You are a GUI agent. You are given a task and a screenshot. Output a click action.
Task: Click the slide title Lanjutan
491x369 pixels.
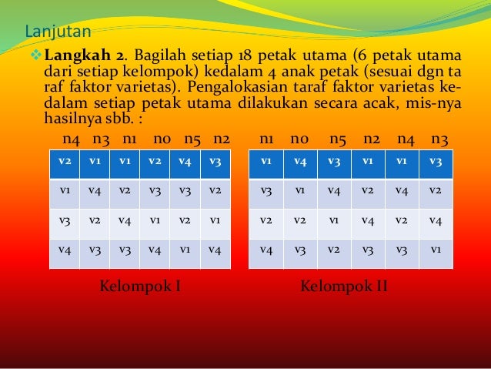[58, 32]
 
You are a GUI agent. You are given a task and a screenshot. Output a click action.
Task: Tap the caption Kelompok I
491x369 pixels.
[141, 287]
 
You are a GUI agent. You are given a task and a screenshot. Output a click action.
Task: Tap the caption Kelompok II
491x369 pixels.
[343, 287]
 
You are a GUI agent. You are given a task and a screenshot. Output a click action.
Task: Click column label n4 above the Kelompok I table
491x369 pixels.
[72, 140]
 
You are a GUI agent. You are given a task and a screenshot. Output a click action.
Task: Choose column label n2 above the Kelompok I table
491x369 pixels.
[222, 140]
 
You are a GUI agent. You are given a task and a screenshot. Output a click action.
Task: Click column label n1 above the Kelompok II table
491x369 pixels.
[268, 140]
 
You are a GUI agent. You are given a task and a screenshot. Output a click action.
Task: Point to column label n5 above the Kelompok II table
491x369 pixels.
[338, 140]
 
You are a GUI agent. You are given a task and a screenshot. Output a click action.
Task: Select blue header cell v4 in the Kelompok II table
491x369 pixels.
[300, 163]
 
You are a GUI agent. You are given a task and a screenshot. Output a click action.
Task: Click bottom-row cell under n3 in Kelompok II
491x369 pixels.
[436, 250]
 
